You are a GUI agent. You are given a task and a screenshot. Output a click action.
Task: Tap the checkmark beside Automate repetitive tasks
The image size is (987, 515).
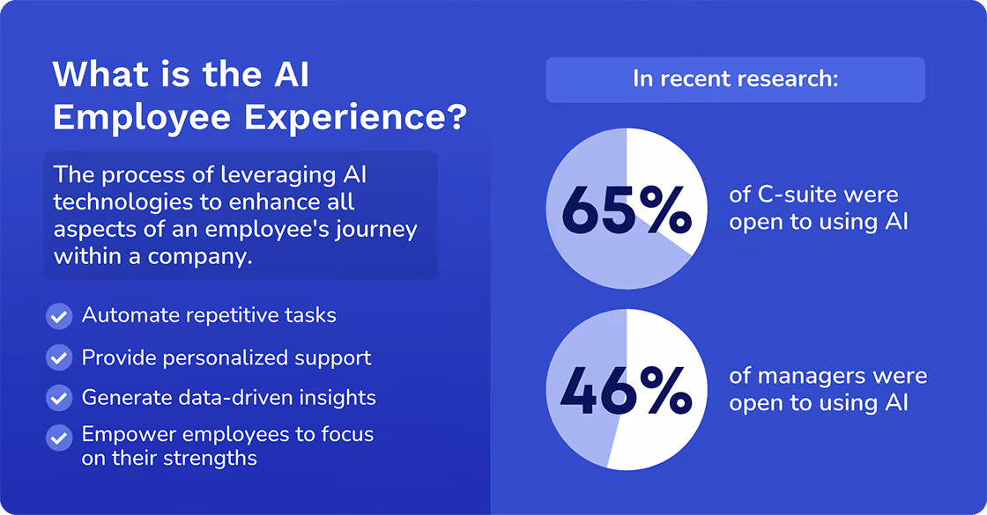point(59,315)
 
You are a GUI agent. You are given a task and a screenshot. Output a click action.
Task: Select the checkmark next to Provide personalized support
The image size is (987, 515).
point(59,357)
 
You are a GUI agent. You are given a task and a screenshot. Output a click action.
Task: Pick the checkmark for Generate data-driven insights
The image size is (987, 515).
point(59,398)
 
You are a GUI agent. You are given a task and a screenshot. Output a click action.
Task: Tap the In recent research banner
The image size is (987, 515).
point(735,79)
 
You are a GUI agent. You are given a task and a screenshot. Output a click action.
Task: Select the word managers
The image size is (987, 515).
point(803,376)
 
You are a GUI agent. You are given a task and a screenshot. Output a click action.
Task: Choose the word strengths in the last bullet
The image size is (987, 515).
point(211,458)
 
